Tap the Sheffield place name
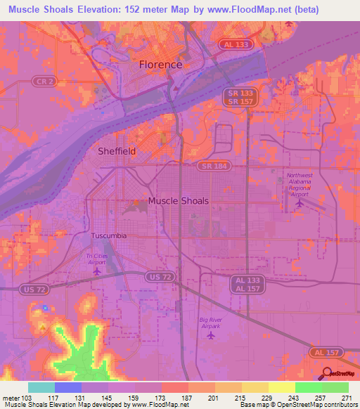[116, 151]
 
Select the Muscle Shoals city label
[178, 201]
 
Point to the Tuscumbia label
[109, 235]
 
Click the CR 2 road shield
[41, 82]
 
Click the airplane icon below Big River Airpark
[211, 335]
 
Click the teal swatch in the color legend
[41, 387]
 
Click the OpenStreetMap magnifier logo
[328, 373]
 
